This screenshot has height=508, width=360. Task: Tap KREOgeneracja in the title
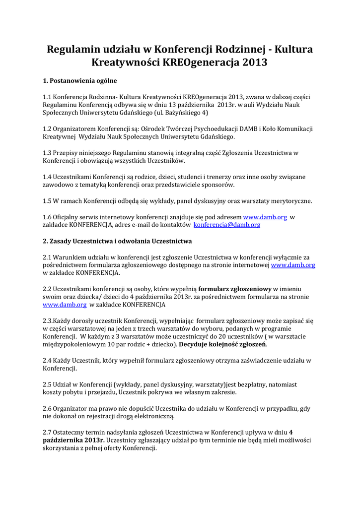tap(201, 63)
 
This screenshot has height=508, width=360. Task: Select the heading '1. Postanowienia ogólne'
tap(80, 80)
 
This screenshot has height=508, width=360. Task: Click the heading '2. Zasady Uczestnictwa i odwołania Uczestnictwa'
tap(117, 241)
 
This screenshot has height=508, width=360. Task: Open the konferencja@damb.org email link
tap(227, 225)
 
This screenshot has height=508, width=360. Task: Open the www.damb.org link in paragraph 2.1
tap(293, 265)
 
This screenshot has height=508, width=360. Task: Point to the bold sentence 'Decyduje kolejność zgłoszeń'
tap(223, 344)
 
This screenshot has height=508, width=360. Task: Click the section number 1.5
tap(48, 201)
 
